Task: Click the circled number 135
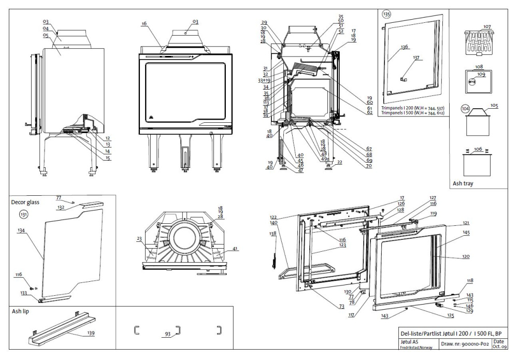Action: pos(386,15)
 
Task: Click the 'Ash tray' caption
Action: pos(464,183)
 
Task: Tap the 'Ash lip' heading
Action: pos(21,312)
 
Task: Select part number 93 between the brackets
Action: pos(167,335)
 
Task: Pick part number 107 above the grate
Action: pos(487,26)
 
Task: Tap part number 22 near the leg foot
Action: pos(339,162)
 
